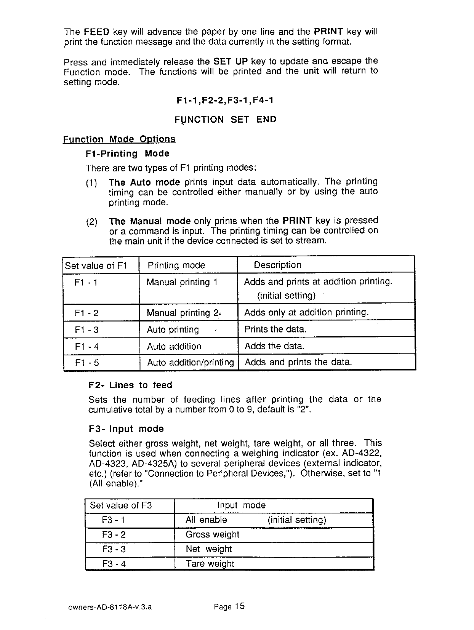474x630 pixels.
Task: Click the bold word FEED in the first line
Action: pyautogui.click(x=96, y=32)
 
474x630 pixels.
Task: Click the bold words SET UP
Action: pyautogui.click(x=231, y=61)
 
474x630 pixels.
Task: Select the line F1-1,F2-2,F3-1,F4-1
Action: pyautogui.click(x=225, y=101)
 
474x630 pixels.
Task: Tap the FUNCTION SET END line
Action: pyautogui.click(x=225, y=120)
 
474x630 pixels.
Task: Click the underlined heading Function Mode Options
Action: pyautogui.click(x=119, y=139)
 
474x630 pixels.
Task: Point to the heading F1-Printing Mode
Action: pyautogui.click(x=127, y=154)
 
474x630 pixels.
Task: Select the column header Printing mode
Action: pyautogui.click(x=176, y=265)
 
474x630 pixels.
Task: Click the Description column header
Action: pyautogui.click(x=277, y=265)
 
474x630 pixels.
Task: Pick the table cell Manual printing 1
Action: pyautogui.click(x=182, y=282)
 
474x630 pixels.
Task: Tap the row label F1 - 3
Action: pyautogui.click(x=87, y=330)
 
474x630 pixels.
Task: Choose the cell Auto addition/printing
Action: pyautogui.click(x=190, y=362)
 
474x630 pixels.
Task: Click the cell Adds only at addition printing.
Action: pyautogui.click(x=306, y=313)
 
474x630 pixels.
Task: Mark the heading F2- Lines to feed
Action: pyautogui.click(x=130, y=385)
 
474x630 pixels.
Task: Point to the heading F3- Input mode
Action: pyautogui.click(x=126, y=429)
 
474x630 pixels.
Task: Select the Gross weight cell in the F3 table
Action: pyautogui.click(x=212, y=535)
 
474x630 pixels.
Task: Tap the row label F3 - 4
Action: pyautogui.click(x=114, y=564)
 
